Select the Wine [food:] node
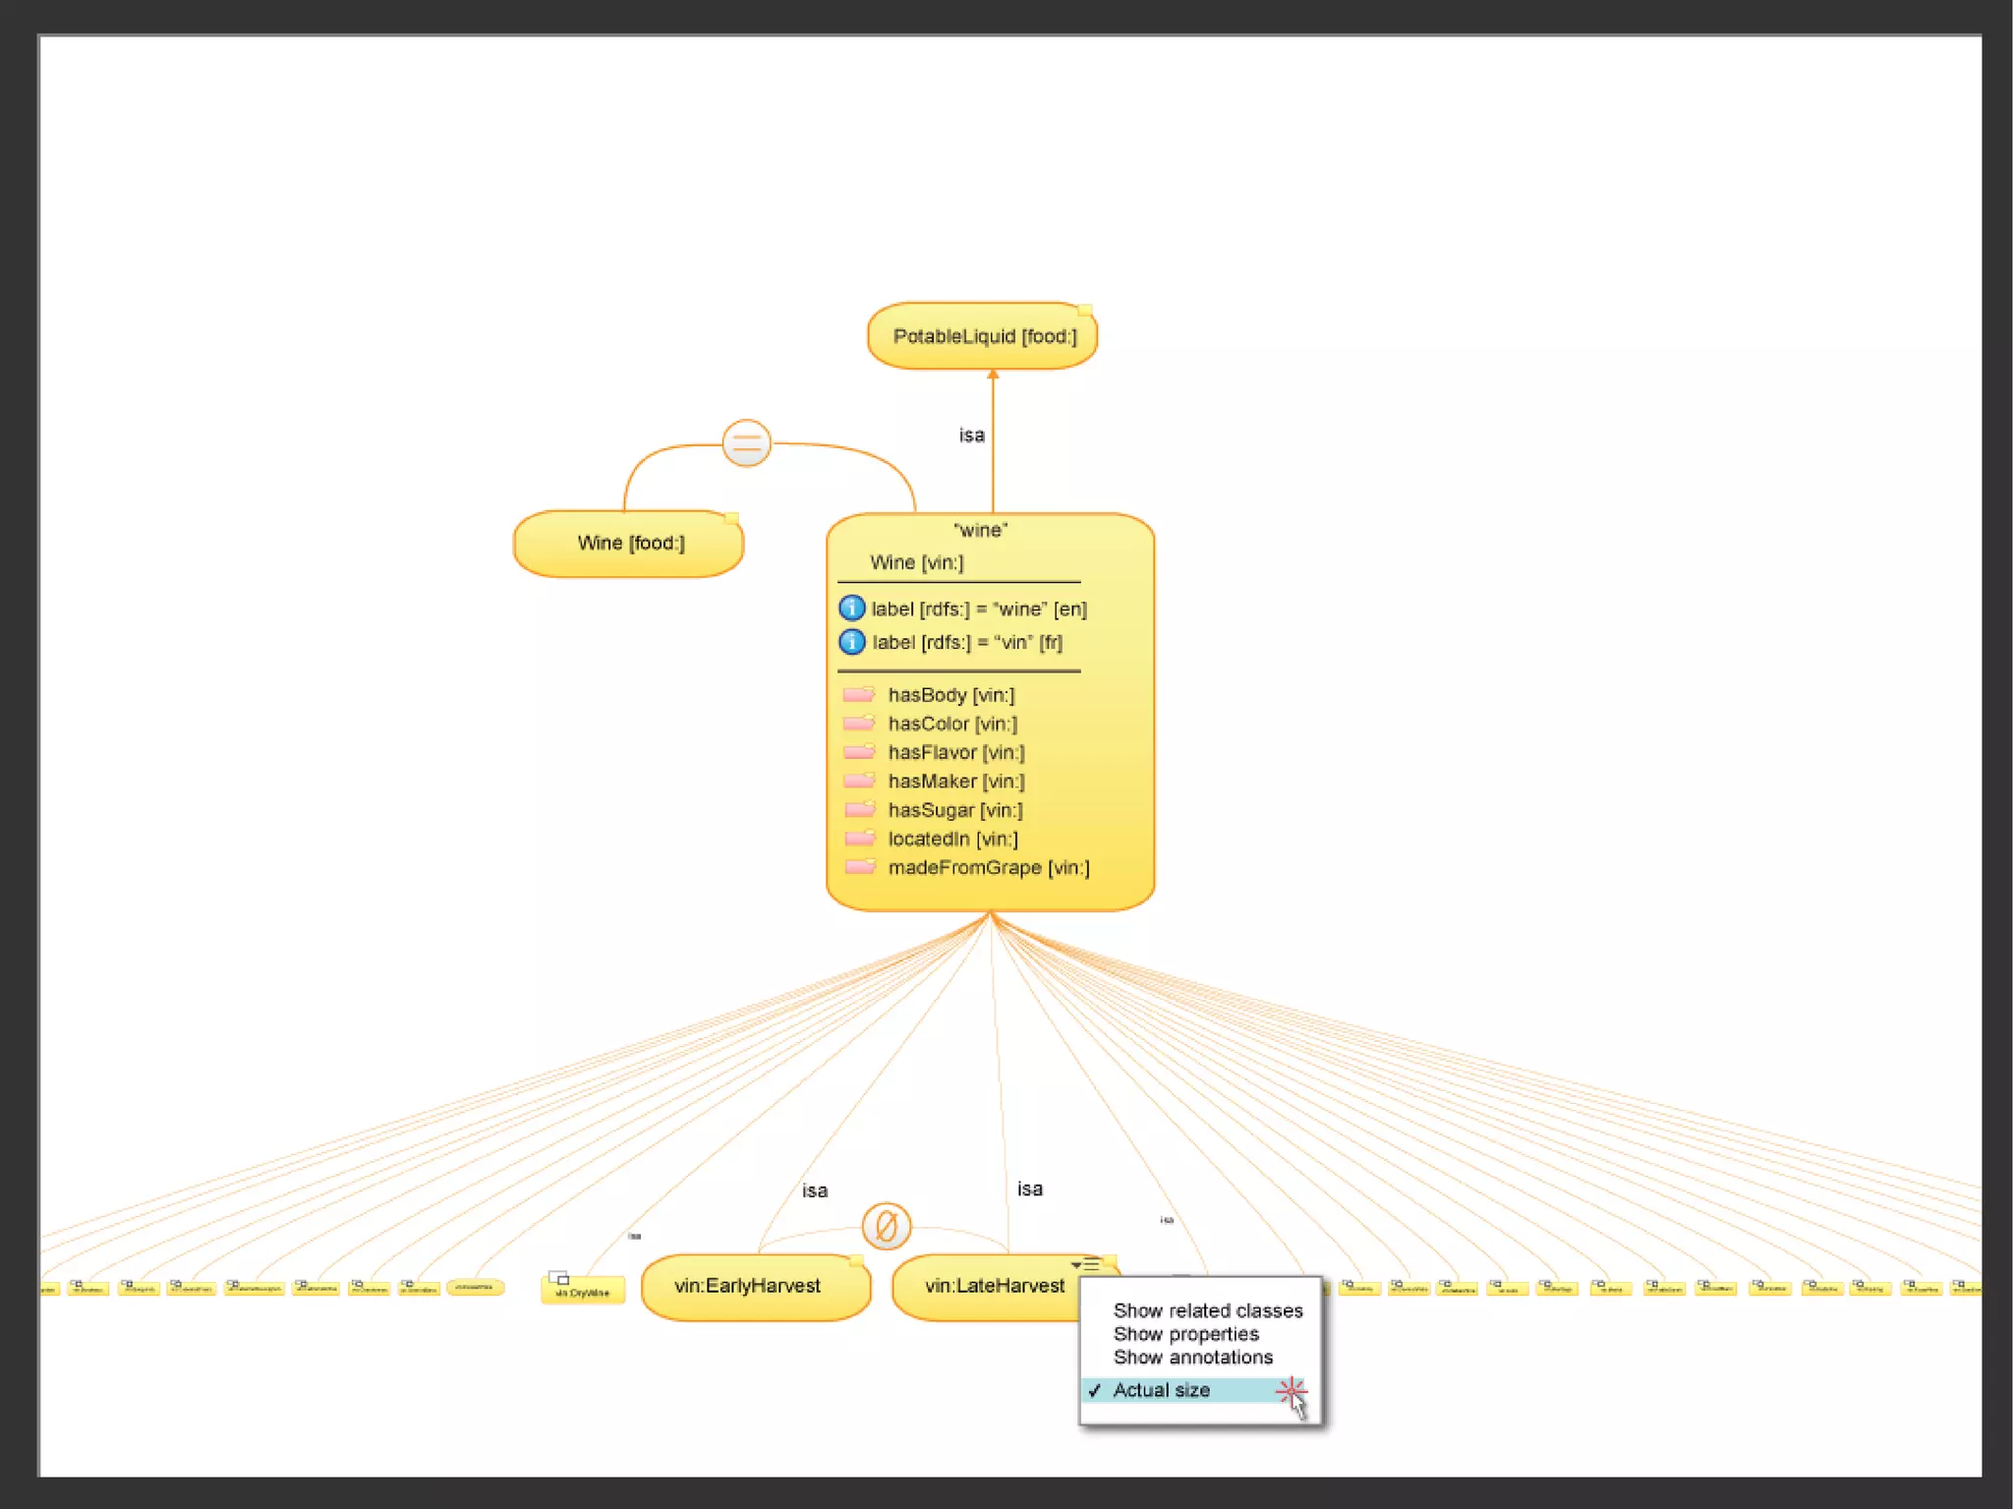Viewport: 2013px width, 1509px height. click(x=629, y=543)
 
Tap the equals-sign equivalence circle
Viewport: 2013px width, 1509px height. click(x=746, y=442)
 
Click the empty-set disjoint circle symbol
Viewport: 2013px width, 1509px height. click(x=886, y=1226)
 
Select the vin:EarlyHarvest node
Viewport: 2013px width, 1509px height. click(x=748, y=1286)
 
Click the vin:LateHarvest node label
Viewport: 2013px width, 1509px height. click(x=994, y=1286)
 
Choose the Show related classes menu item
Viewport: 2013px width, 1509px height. click(x=1207, y=1310)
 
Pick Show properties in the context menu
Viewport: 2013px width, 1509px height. click(x=1185, y=1334)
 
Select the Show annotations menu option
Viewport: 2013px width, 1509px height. click(x=1192, y=1358)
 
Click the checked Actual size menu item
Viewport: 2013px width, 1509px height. click(x=1161, y=1390)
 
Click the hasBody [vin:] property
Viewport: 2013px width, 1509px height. click(x=950, y=695)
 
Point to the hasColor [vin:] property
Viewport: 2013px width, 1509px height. click(x=952, y=724)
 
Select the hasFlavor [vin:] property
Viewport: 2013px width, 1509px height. click(x=955, y=753)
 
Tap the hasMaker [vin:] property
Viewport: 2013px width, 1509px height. click(x=955, y=782)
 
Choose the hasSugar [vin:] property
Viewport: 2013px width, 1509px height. click(x=954, y=810)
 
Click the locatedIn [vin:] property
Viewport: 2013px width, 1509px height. click(x=952, y=839)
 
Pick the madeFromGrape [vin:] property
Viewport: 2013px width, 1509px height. click(x=988, y=868)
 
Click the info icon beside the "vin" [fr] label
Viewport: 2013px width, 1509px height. click(x=851, y=642)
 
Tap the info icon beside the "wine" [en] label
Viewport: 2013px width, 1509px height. click(x=851, y=609)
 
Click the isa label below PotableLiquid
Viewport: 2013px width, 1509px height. click(x=971, y=435)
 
